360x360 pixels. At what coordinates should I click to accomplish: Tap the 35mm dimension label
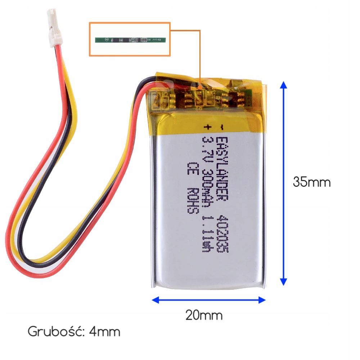tap(311, 182)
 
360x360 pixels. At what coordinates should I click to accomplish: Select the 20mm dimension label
tap(204, 315)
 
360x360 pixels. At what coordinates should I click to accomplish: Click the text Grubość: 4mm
tap(74, 331)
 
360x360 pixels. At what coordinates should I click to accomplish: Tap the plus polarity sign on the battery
tap(207, 127)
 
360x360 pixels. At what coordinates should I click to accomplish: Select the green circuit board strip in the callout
tap(130, 39)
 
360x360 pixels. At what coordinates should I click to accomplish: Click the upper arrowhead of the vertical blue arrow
tap(284, 86)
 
